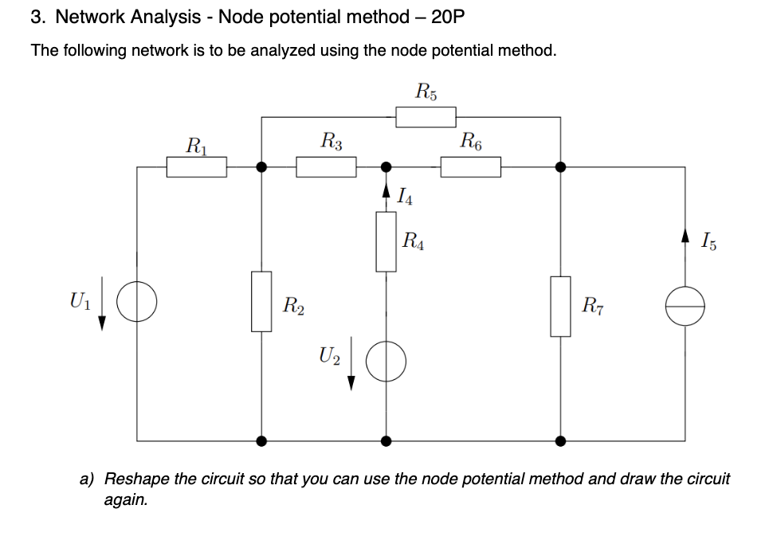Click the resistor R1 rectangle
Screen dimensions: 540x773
(x=196, y=167)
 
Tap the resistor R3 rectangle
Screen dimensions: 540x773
(x=326, y=167)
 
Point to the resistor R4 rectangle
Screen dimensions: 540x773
(x=386, y=241)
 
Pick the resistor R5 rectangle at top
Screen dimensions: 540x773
(x=426, y=117)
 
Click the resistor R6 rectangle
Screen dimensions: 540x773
(x=470, y=167)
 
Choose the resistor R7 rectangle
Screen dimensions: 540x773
(x=560, y=307)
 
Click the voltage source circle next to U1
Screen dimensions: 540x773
(x=137, y=302)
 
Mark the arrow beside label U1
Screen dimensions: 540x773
(x=102, y=312)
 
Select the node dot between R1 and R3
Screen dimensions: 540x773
(x=261, y=167)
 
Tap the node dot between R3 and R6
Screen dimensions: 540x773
(x=386, y=167)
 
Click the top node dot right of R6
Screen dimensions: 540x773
(x=560, y=167)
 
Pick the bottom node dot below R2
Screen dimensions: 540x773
(x=261, y=440)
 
